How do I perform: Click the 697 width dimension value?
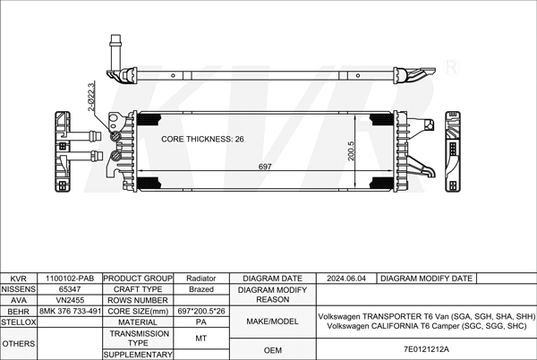coord(265,167)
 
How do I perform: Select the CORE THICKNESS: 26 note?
coord(202,140)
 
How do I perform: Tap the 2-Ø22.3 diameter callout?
coord(90,97)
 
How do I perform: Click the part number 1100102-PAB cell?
coord(71,279)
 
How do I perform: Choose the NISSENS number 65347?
coord(71,289)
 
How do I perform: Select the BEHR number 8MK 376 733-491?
coord(71,311)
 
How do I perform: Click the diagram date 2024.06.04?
coord(348,279)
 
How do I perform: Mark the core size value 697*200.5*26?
coord(200,311)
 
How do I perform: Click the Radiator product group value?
coord(200,279)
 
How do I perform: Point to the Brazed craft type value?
coord(200,289)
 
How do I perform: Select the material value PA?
coord(200,321)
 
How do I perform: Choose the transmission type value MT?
coord(200,338)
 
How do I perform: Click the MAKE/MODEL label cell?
coord(272,321)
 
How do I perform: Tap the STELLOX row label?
coord(19,321)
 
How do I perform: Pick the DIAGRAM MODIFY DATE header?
coord(426,279)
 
